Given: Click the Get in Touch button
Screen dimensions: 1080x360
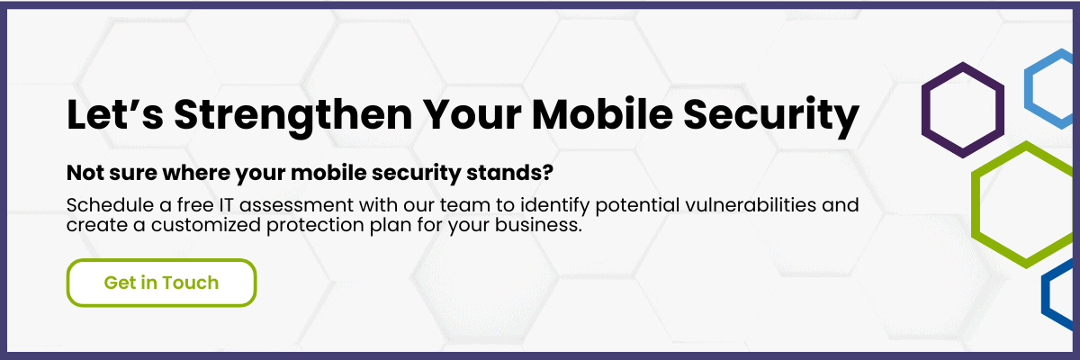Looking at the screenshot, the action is [x=161, y=283].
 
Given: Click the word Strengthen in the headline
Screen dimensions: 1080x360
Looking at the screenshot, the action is [x=293, y=116].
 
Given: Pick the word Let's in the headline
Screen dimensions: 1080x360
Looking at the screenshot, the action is [x=115, y=114].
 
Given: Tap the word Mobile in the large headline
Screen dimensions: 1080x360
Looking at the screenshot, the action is [x=602, y=114].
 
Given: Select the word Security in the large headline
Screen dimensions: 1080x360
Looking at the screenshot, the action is [x=771, y=117].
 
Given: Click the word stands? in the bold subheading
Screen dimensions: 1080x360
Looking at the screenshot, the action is [x=509, y=173].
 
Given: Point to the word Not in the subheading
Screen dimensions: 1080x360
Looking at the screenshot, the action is [x=85, y=173].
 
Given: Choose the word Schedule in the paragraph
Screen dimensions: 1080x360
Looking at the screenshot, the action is [x=110, y=205].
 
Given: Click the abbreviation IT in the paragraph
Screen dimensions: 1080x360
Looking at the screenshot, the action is [x=226, y=205].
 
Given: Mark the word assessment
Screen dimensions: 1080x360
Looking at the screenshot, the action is [x=296, y=206].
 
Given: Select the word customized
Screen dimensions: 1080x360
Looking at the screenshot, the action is [x=206, y=225].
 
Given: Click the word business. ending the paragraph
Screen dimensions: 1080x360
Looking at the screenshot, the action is [x=538, y=225].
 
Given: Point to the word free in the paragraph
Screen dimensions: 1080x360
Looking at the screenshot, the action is [x=195, y=205].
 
